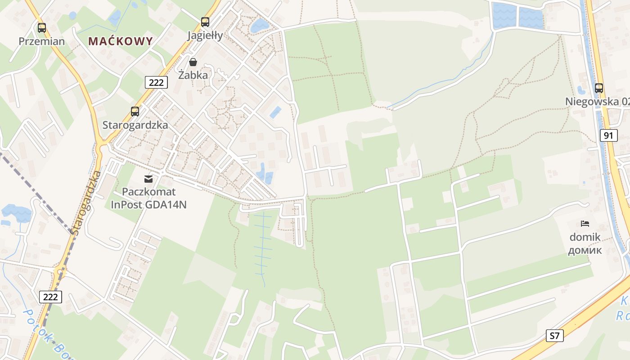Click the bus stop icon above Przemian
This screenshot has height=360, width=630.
tap(42, 28)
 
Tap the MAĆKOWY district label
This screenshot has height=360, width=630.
tap(121, 41)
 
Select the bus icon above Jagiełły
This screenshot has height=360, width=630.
tap(205, 22)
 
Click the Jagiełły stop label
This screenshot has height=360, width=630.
tap(205, 36)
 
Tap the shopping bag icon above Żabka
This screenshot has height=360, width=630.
tap(193, 62)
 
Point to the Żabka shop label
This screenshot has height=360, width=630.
tap(193, 75)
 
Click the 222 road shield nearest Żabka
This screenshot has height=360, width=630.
tap(156, 82)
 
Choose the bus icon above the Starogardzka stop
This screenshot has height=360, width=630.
tap(135, 111)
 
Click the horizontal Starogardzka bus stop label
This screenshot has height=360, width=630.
tap(135, 125)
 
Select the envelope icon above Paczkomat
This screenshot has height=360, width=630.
tap(148, 179)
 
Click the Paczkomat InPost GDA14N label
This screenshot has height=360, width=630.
tap(148, 198)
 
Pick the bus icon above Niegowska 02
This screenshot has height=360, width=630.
tap(599, 88)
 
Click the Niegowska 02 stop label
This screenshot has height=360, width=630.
tap(597, 102)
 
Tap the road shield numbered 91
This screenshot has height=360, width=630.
tap(608, 135)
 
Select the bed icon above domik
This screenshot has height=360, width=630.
tap(585, 223)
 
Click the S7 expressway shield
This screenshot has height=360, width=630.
tap(555, 335)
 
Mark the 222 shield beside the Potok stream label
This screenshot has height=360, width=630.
tap(50, 297)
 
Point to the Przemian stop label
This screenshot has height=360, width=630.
tap(42, 41)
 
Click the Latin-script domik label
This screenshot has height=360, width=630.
tap(585, 237)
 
